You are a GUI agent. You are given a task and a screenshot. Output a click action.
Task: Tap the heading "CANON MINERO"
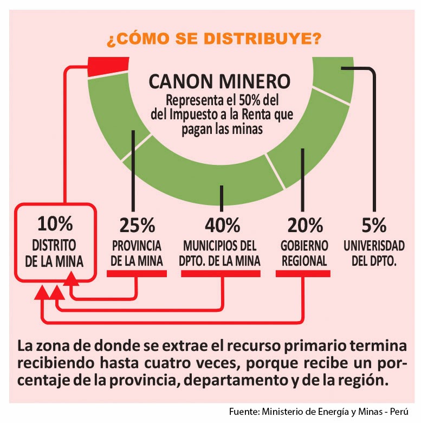(x=219, y=82)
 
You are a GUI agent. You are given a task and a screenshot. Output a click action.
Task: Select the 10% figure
(x=55, y=224)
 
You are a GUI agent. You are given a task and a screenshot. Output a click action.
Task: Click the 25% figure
(x=137, y=225)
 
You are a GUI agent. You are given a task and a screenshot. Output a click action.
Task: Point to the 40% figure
(x=222, y=225)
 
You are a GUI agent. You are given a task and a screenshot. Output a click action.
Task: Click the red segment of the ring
(x=108, y=67)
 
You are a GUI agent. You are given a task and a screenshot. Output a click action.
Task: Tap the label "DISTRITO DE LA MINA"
(x=55, y=253)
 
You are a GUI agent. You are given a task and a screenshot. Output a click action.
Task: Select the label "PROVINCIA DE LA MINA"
(x=137, y=253)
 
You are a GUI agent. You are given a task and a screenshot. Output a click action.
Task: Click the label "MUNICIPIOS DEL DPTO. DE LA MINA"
(x=220, y=253)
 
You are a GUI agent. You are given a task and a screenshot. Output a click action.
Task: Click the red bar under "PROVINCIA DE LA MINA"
(x=137, y=273)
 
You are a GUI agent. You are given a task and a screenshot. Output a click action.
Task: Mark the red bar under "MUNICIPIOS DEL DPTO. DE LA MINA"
(x=222, y=273)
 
